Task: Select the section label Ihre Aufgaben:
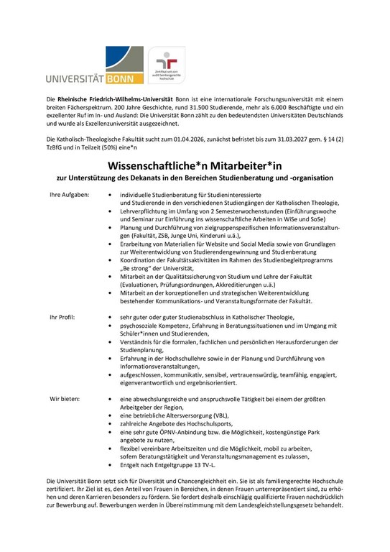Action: pyautogui.click(x=69, y=195)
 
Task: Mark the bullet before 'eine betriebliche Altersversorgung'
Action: pyautogui.click(x=108, y=416)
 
